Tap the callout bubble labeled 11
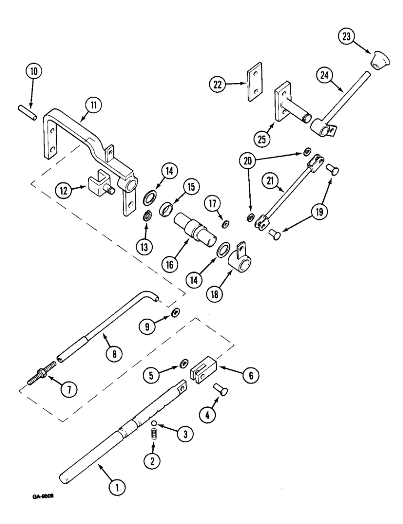(92, 106)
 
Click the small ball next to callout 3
(155, 423)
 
